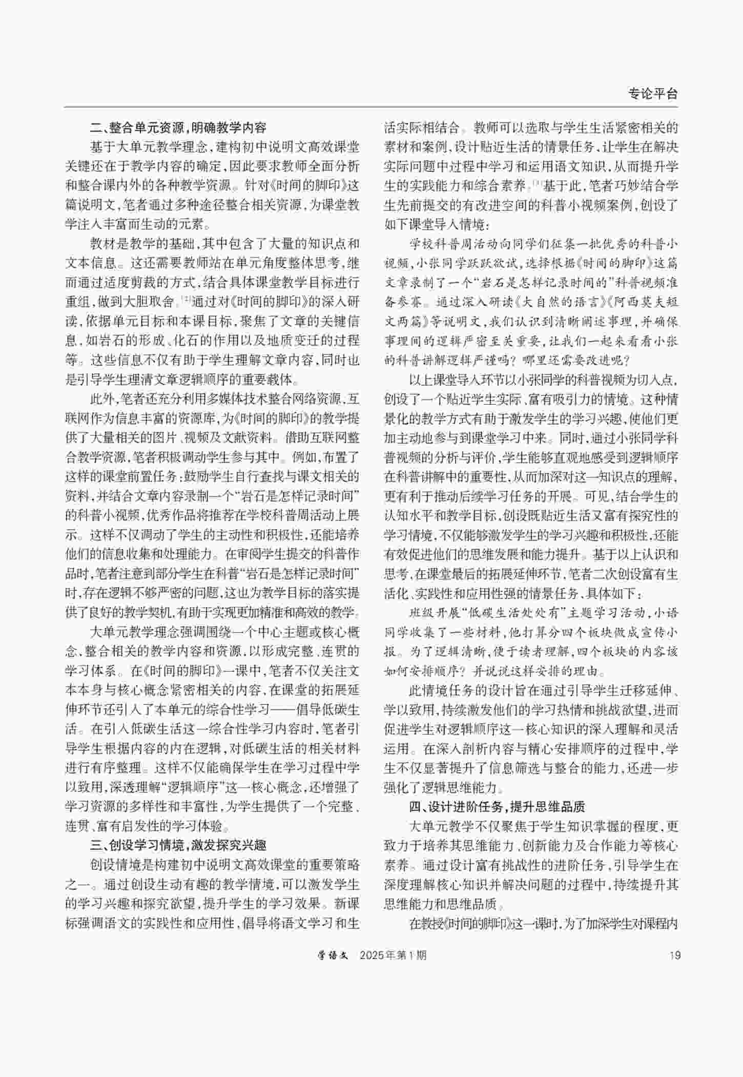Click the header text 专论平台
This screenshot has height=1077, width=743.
coord(652,94)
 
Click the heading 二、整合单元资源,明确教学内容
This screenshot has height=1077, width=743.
coord(178,127)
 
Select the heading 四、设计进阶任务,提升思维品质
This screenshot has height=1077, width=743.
coord(497,807)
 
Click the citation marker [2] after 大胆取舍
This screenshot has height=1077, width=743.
coord(185,300)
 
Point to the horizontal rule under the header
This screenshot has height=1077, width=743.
coord(371,107)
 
